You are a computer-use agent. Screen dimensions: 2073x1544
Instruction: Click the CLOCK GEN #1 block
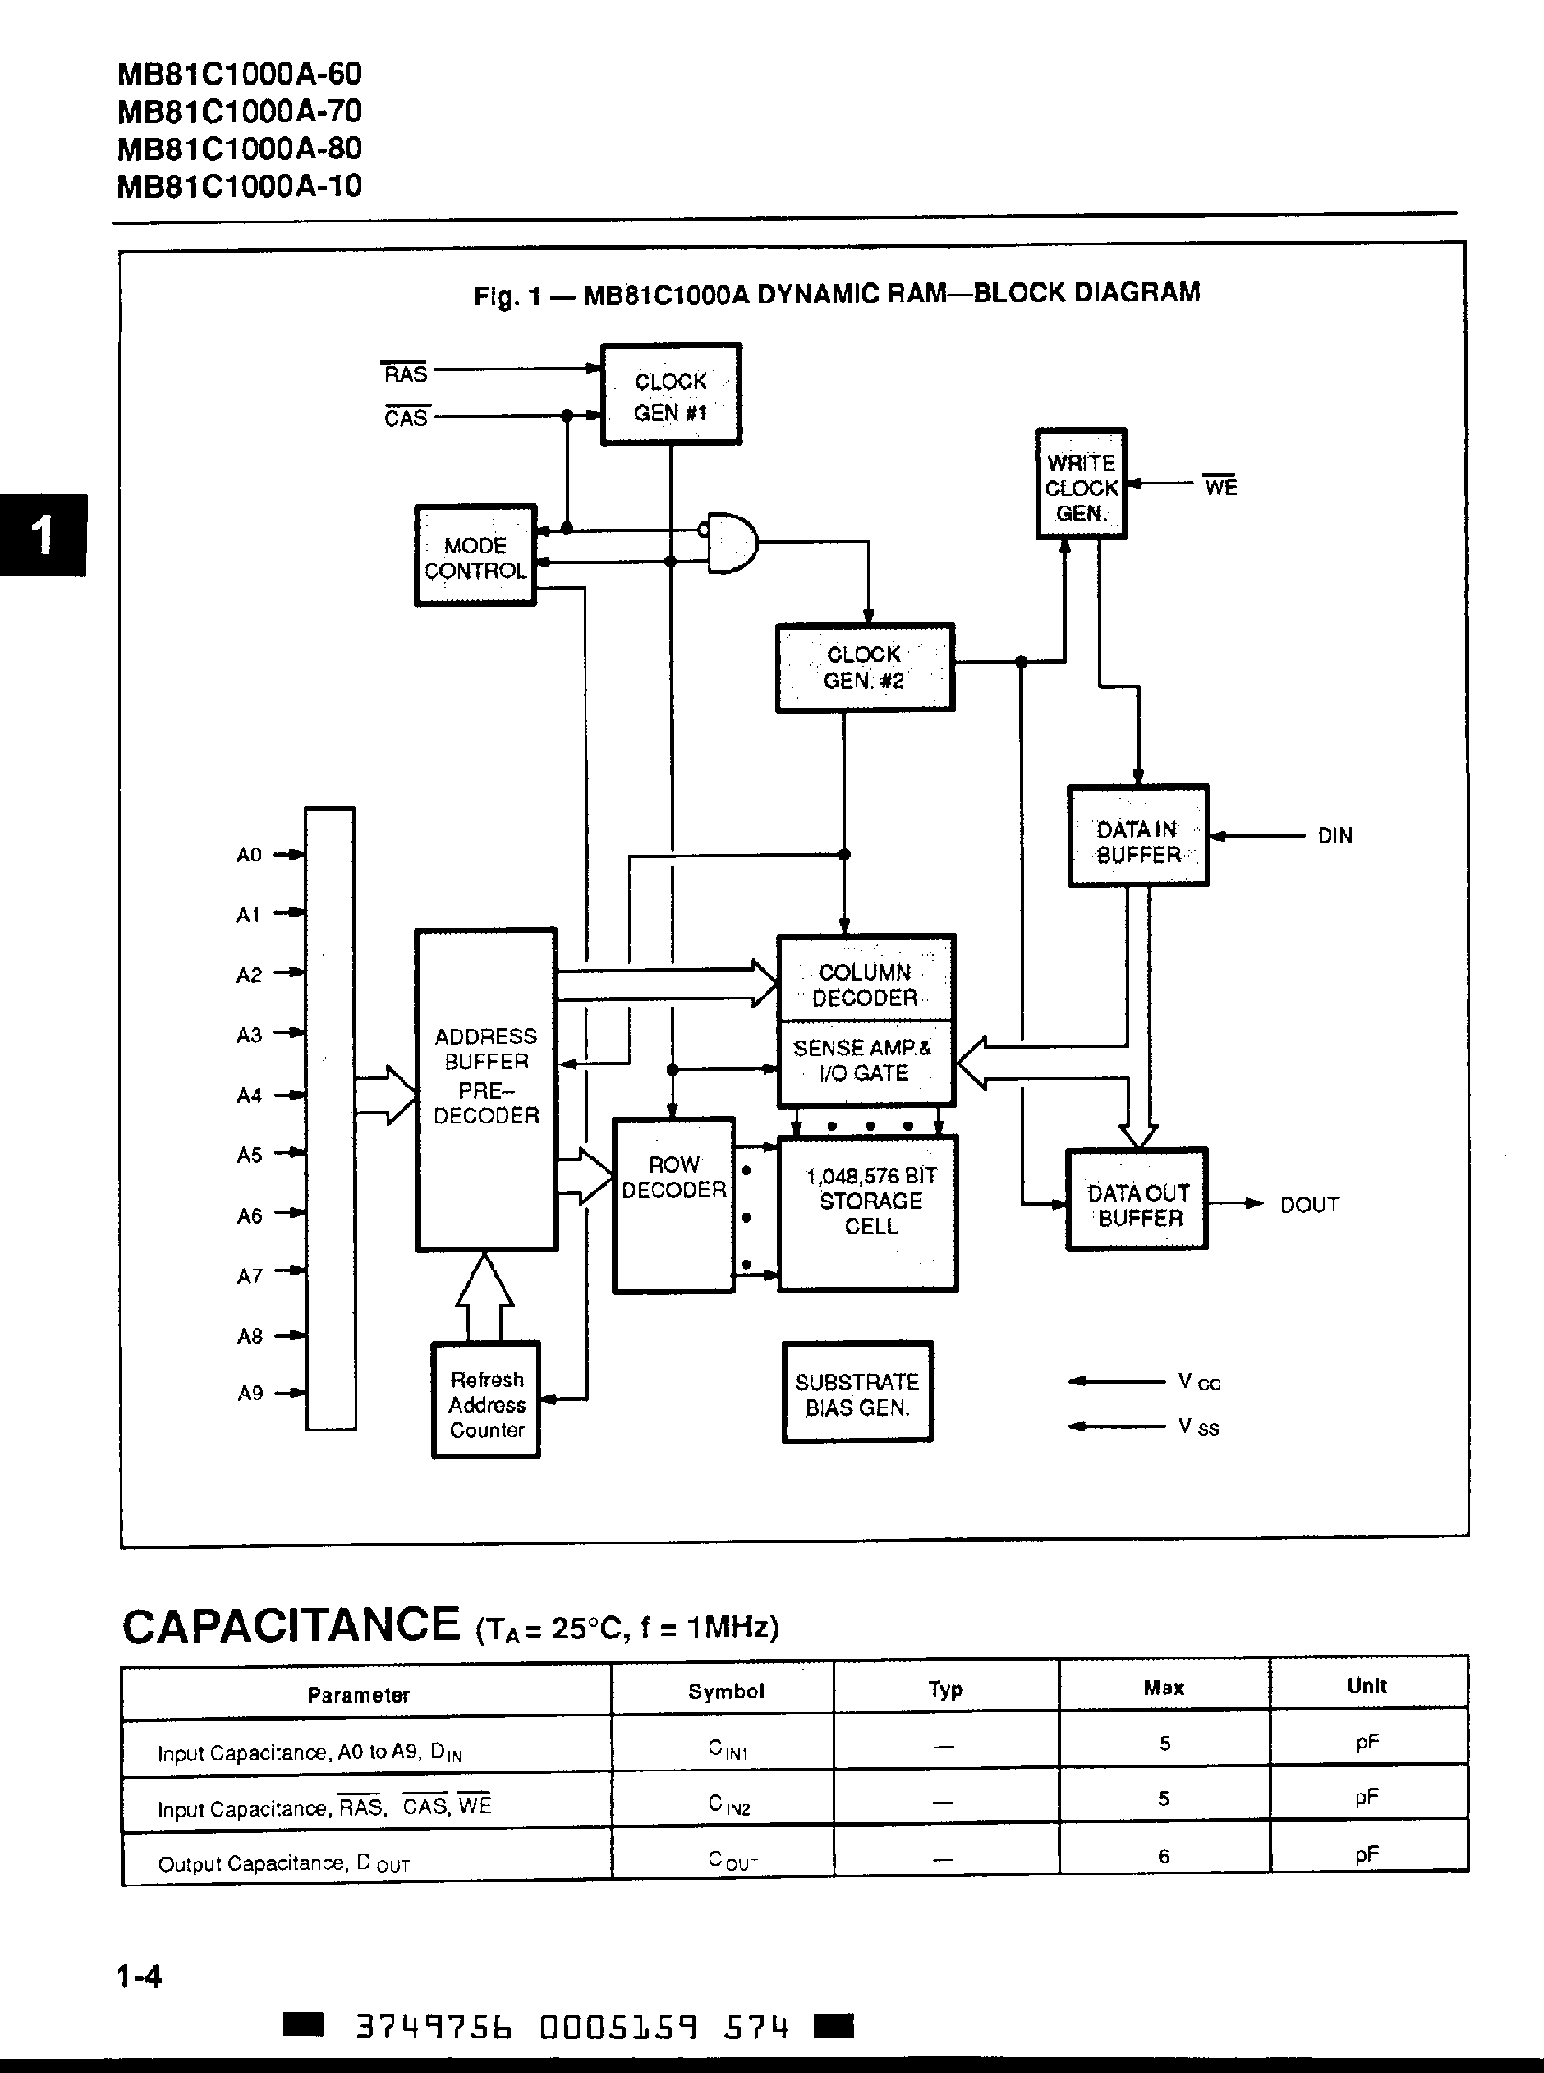(x=670, y=394)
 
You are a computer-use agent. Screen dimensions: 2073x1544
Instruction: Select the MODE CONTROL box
(x=475, y=556)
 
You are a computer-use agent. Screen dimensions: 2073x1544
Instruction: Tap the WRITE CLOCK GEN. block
(x=1081, y=485)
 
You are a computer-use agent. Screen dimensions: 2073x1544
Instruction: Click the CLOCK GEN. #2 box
(x=865, y=667)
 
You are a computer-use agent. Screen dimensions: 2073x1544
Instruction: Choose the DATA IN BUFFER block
(x=1138, y=837)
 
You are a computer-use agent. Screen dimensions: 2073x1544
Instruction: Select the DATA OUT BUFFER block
(x=1137, y=1200)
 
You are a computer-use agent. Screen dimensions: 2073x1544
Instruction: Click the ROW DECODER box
(x=673, y=1206)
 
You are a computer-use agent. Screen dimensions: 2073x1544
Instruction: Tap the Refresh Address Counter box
(x=486, y=1402)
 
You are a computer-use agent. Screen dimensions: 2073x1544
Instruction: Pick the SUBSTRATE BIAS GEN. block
(x=857, y=1394)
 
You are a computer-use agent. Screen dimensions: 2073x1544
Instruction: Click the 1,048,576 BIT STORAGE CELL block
(x=868, y=1213)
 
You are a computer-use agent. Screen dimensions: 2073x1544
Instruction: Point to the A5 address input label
(x=250, y=1156)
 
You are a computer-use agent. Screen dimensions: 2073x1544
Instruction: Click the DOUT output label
(x=1309, y=1205)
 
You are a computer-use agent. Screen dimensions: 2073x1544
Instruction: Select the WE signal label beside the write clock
(x=1220, y=487)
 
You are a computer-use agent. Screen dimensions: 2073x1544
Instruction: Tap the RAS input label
(x=404, y=374)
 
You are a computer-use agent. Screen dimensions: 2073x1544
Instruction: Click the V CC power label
(x=1199, y=1382)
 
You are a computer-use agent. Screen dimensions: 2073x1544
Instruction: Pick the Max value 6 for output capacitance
(x=1164, y=1856)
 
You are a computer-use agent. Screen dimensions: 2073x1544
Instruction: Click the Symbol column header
(x=725, y=1691)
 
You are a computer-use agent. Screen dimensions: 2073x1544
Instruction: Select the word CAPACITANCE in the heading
(x=290, y=1625)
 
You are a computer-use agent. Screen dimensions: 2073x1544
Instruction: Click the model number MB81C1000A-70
(x=239, y=112)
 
